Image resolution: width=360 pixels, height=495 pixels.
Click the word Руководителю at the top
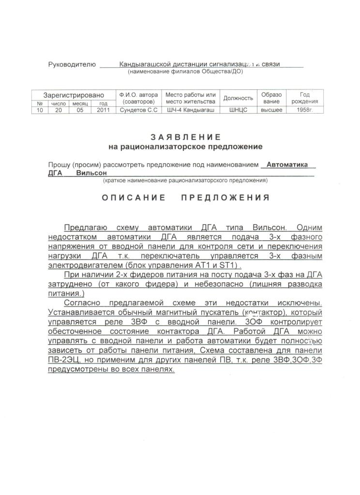tap(72, 64)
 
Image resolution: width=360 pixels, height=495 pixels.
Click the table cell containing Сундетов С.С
tap(138, 110)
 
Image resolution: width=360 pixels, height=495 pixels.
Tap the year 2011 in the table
tap(103, 110)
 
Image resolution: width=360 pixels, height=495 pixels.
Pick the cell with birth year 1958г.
tap(305, 110)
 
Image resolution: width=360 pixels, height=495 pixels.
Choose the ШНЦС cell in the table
tap(238, 110)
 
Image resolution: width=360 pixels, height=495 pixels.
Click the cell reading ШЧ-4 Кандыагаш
tap(191, 110)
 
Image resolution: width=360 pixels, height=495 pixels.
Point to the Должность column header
tap(238, 98)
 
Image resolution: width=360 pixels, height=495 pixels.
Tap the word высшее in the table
tap(271, 110)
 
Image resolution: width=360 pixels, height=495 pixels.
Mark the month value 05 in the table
tap(80, 110)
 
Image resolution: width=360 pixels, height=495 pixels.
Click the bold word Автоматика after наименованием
tap(287, 164)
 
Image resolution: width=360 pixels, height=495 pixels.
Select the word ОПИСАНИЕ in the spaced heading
tap(133, 198)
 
